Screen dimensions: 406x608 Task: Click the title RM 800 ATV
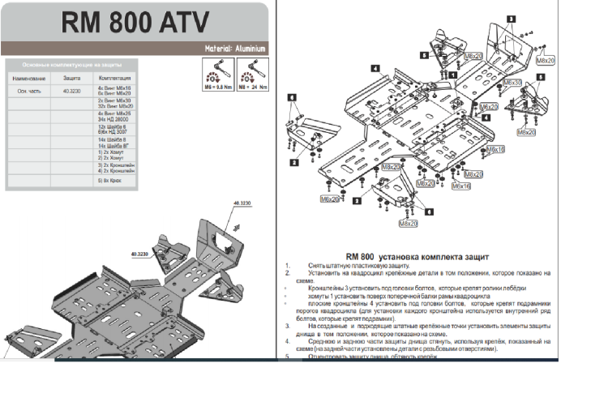pyautogui.click(x=135, y=23)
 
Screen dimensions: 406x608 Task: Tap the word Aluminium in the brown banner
pyautogui.click(x=249, y=49)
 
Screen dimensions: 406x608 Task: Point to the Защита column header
pyautogui.click(x=72, y=78)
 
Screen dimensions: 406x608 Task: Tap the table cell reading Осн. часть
pyautogui.click(x=28, y=92)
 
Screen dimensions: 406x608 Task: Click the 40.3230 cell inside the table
pyautogui.click(x=71, y=92)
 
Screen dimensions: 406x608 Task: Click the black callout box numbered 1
pyautogui.click(x=452, y=75)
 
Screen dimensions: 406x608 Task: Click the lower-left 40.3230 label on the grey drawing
pyautogui.click(x=139, y=254)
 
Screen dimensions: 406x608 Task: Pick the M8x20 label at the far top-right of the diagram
pyautogui.click(x=546, y=60)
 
